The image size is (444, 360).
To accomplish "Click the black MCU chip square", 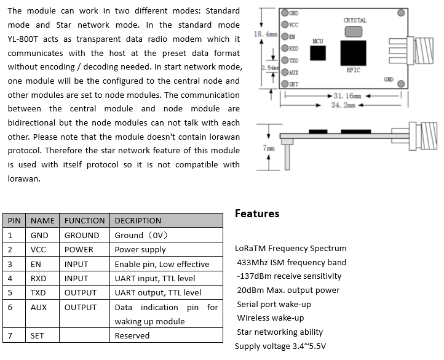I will click(317, 53).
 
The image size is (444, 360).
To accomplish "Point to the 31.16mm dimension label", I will click(348, 96).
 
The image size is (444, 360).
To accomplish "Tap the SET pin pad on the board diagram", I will click(285, 84).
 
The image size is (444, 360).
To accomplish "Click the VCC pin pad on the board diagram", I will click(285, 25).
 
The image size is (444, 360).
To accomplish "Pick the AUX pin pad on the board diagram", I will click(285, 73).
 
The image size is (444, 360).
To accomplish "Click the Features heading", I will click(257, 214).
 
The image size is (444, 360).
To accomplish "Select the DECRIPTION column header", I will click(138, 220).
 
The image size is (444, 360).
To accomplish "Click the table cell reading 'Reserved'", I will click(132, 335).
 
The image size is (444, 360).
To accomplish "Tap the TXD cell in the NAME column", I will click(38, 293).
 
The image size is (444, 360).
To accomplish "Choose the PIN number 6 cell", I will click(10, 307).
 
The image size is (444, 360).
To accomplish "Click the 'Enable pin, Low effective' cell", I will click(162, 264).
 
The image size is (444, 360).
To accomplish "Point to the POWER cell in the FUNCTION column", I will click(79, 249).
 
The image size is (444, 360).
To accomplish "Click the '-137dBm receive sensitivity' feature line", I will click(288, 276).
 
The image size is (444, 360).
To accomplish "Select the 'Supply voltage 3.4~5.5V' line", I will click(280, 346).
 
